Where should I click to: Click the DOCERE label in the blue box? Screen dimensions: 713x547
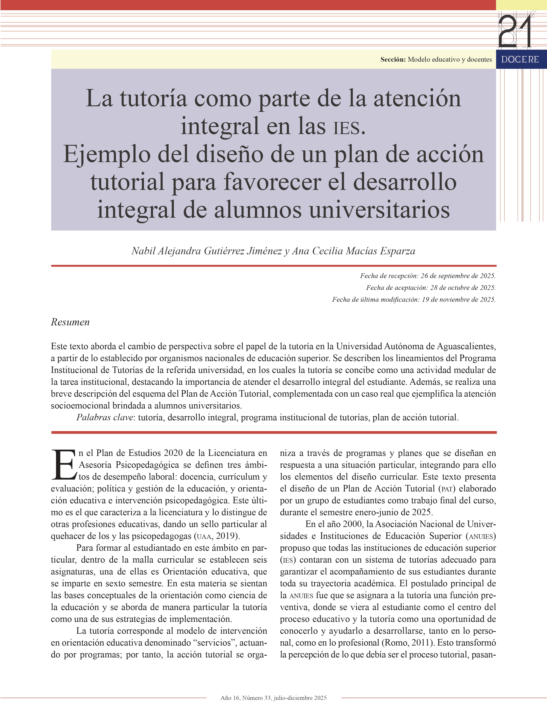point(520,59)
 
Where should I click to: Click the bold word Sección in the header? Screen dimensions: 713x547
point(393,59)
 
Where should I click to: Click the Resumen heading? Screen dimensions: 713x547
point(70,322)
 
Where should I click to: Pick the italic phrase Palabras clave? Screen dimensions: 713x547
point(104,417)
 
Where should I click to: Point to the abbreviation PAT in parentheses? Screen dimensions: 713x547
point(446,489)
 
